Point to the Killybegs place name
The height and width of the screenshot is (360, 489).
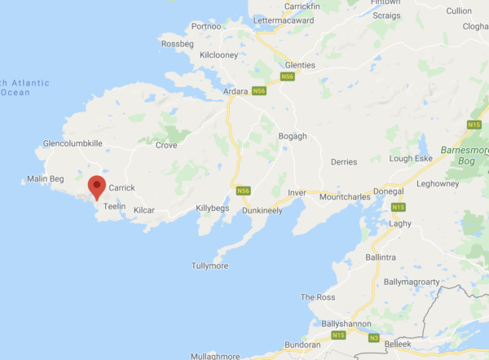[x=214, y=209]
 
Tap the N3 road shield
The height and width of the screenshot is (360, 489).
[x=373, y=337]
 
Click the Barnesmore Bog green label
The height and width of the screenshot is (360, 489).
[x=464, y=156]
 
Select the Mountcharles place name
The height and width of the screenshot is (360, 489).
[x=346, y=196]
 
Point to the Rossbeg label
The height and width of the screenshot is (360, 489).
[x=178, y=43]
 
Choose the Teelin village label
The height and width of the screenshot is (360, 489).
[x=114, y=207]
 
